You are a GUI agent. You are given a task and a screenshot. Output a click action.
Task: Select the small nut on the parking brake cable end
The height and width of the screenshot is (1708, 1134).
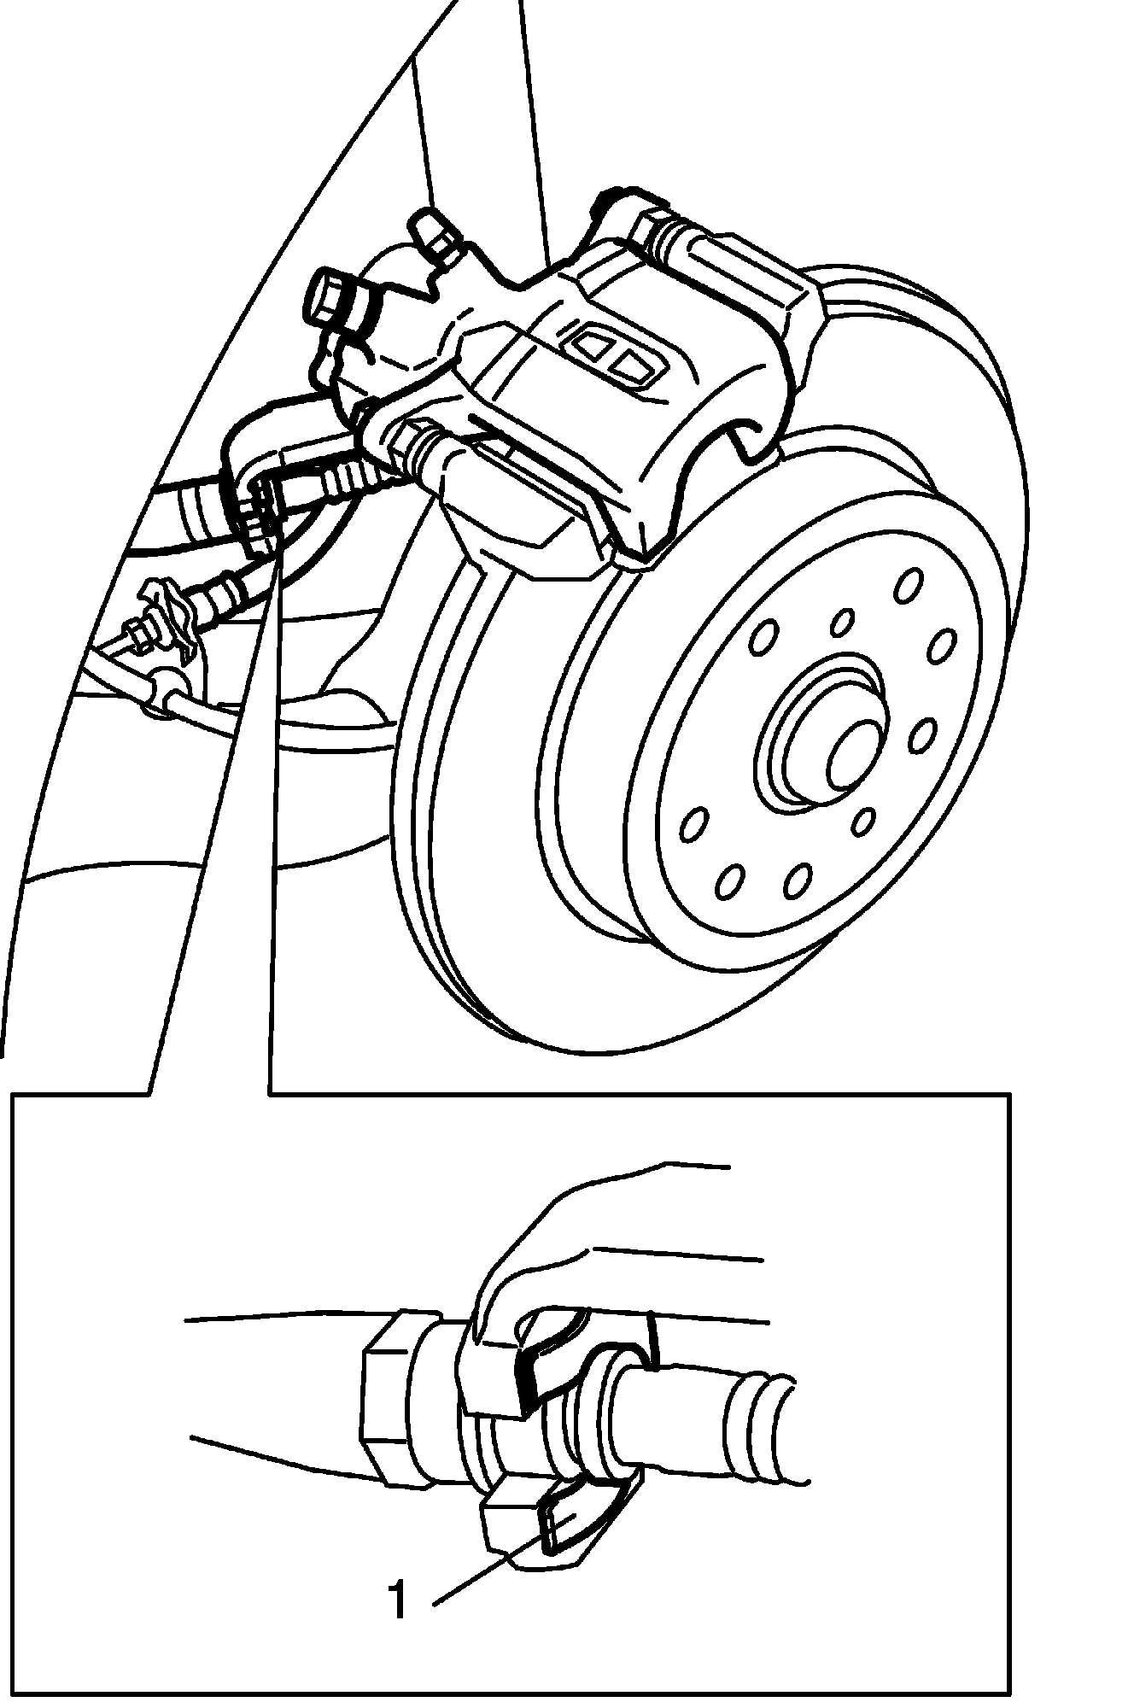(133, 635)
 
